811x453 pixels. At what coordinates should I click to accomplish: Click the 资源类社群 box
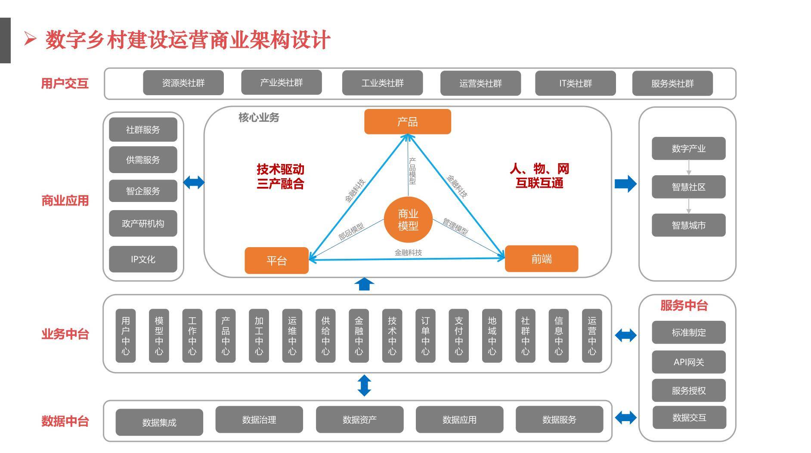[x=183, y=83]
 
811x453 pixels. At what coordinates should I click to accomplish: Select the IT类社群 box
[x=575, y=83]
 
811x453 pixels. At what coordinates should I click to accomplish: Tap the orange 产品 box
[x=407, y=122]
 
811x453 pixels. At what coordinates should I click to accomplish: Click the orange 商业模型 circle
[x=408, y=220]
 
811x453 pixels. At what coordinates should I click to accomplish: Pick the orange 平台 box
[x=276, y=261]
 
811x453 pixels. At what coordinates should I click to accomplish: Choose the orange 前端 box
[x=541, y=259]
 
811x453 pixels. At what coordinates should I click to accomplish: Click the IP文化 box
[x=143, y=259]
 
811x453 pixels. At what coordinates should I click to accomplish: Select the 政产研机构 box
[x=143, y=223]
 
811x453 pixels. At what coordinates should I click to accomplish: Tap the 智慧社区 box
[x=688, y=187]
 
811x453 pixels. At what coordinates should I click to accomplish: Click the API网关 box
[x=688, y=362]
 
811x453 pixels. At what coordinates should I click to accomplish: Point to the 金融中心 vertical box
[x=359, y=336]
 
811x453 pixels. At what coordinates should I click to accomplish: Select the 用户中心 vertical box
[x=126, y=336]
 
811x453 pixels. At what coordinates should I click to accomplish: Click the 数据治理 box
[x=259, y=419]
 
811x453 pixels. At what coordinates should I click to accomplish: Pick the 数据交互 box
[x=689, y=417]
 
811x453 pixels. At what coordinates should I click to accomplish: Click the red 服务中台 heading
[x=684, y=305]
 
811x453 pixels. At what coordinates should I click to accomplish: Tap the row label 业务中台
[x=65, y=334]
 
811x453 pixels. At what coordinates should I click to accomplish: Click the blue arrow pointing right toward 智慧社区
[x=625, y=183]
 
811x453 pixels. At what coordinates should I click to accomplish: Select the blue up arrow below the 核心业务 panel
[x=364, y=284]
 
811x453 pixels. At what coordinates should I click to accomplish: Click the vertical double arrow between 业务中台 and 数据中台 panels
[x=364, y=385]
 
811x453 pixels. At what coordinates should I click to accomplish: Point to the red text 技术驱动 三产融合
[x=280, y=177]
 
